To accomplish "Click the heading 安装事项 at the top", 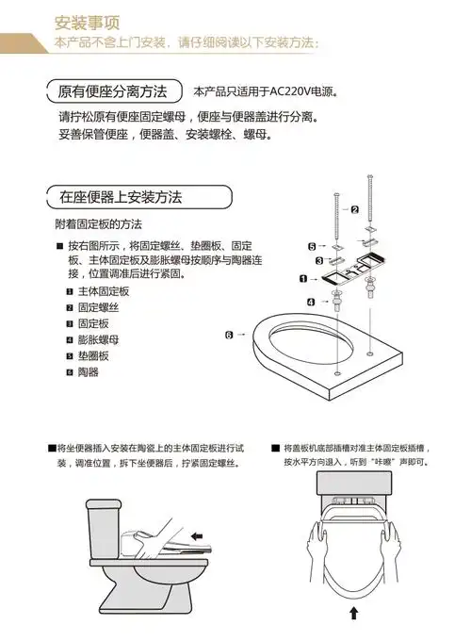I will pos(86,21).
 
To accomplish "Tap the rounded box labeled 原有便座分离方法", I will pos(112,91).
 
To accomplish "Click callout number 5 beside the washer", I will pos(312,246).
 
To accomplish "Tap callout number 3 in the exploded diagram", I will pos(320,260).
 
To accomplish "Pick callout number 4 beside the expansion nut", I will pos(311,302).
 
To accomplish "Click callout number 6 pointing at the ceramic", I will pos(229,335).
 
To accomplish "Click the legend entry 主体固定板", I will pos(103,291).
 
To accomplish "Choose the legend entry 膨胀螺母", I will pos(98,339).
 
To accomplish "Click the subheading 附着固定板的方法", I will pos(99,224).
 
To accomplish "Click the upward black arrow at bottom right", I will pos(354,615).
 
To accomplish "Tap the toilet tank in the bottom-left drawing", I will pos(102,524).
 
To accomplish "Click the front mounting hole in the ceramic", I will pos(335,373).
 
